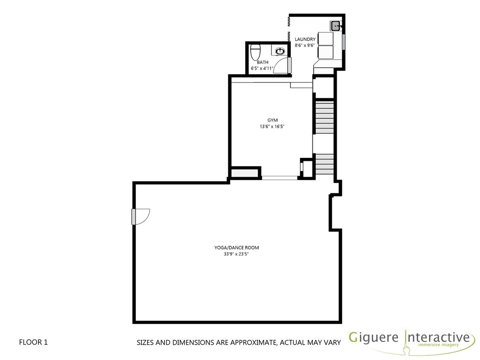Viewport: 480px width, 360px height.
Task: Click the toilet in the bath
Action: (255, 53)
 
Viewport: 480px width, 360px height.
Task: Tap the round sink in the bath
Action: (280, 51)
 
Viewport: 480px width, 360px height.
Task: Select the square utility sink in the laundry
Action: (335, 26)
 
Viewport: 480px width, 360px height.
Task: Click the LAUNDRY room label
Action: (305, 39)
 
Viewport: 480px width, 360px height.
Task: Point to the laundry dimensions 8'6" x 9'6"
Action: (305, 45)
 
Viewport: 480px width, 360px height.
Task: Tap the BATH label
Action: (263, 62)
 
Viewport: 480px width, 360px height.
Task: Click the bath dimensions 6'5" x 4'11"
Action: (263, 68)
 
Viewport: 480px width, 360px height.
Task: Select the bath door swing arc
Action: (280, 66)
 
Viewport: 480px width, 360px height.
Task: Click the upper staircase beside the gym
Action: (324, 117)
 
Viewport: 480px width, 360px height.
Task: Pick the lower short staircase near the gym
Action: (324, 164)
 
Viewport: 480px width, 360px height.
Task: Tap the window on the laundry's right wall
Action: (344, 41)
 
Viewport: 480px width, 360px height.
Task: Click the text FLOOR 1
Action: (34, 342)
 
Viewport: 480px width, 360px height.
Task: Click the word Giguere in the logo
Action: (374, 338)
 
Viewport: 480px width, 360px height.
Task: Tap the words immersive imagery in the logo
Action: (438, 345)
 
